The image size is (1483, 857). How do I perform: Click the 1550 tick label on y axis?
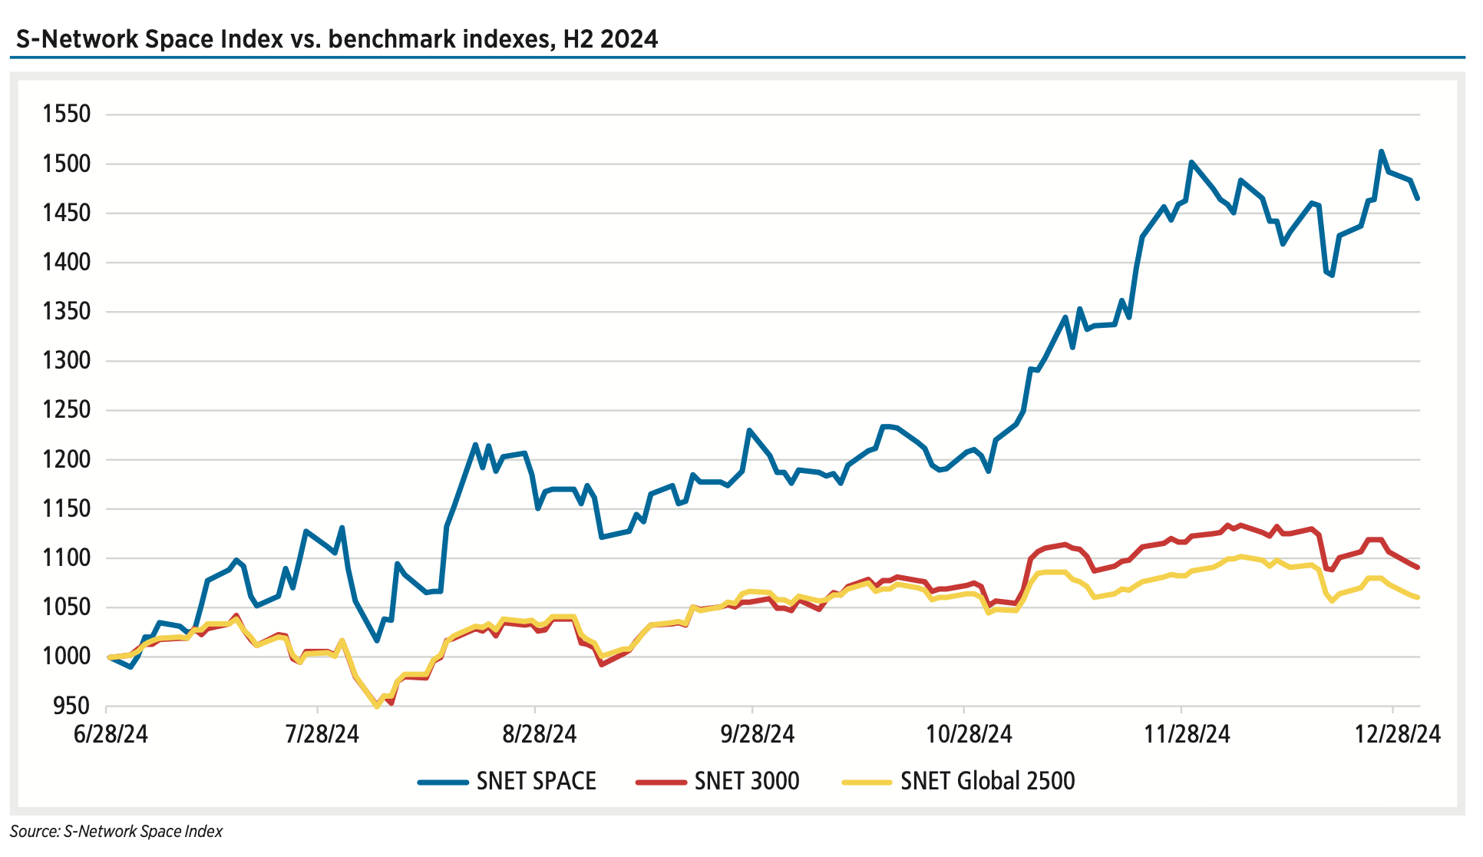coord(67,114)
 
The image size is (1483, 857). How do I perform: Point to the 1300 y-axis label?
coord(67,361)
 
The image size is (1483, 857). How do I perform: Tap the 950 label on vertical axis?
coord(71,706)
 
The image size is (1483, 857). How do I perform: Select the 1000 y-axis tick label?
coord(67,657)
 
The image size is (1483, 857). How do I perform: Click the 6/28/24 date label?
coord(111,734)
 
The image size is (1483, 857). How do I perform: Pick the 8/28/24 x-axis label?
coord(539,734)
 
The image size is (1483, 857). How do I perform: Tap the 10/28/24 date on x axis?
coord(969,734)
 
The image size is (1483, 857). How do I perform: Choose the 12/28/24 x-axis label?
coord(1397,734)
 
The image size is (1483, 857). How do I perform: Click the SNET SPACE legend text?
coord(536,781)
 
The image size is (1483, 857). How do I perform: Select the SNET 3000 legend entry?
coord(746,781)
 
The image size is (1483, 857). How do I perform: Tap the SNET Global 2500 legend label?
coord(987,781)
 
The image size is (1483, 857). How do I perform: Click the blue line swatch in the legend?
coord(443,783)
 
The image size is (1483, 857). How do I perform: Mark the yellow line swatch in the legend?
coord(867,783)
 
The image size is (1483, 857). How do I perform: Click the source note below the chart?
coord(117,832)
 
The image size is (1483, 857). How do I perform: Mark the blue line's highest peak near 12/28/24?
coord(1381,152)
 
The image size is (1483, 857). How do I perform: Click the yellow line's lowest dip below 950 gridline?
coord(376,706)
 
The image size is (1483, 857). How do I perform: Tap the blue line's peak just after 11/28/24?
coord(1191,163)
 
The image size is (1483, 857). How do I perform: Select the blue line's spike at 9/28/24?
coord(749,431)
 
